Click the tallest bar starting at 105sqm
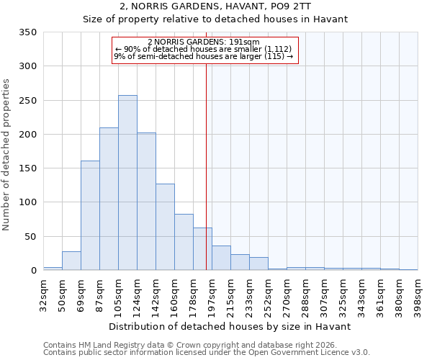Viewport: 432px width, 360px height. point(127,183)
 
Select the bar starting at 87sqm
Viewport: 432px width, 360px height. point(109,199)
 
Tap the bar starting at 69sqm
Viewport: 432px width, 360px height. point(90,215)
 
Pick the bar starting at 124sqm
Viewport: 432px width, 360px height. point(146,202)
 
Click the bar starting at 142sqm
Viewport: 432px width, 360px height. point(165,227)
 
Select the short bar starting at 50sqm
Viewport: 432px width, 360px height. point(71,261)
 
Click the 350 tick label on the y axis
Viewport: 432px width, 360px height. point(27,32)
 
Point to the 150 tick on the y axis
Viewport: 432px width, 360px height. point(27,168)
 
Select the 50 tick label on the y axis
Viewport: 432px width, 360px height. point(30,237)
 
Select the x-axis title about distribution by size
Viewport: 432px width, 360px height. point(230,326)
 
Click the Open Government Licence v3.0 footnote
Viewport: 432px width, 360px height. point(207,353)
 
